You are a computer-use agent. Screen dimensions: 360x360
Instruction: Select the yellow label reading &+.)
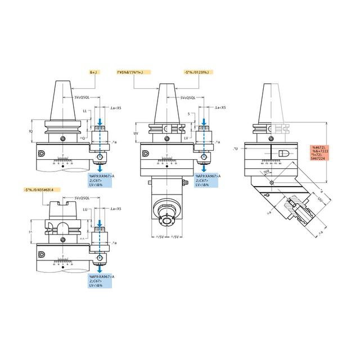[94, 72]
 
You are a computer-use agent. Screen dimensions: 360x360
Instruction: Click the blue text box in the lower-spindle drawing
[209, 180]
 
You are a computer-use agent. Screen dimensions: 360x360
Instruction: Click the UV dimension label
[136, 133]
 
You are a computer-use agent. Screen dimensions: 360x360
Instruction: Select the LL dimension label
[85, 112]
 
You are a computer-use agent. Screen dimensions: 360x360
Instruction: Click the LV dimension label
[186, 137]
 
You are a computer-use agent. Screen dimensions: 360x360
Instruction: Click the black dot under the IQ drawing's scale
[62, 166]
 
